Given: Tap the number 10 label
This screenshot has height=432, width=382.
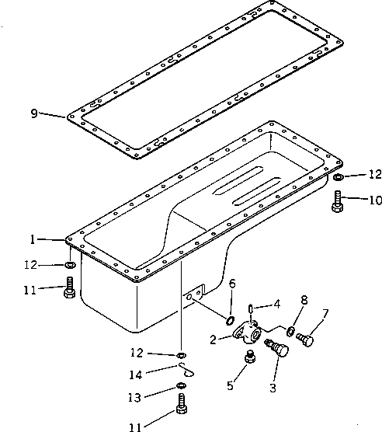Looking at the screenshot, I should tap(375, 200).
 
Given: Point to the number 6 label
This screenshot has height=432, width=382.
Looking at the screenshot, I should tap(231, 284).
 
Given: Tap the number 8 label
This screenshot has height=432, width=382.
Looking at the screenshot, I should tap(304, 299).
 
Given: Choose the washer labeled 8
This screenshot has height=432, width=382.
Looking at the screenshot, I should tap(290, 332).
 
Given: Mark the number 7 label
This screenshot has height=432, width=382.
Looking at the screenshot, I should tap(325, 314).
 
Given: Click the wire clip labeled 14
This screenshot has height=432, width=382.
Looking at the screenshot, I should tap(185, 369).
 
